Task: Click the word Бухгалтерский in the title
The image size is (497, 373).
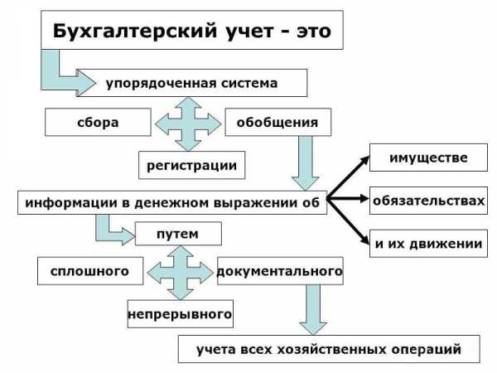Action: tap(135, 31)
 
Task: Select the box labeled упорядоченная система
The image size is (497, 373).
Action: tap(191, 83)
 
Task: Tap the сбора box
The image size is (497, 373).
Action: tap(98, 122)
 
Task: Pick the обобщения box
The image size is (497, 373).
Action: tap(278, 122)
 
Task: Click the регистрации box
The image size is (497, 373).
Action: tap(192, 165)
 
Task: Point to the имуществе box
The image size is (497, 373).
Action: tap(428, 157)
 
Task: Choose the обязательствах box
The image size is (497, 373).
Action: tap(428, 201)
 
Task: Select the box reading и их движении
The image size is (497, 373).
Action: tap(428, 244)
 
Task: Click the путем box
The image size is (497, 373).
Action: tap(178, 234)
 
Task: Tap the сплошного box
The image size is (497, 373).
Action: tap(90, 271)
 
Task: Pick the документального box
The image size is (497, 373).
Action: tap(280, 271)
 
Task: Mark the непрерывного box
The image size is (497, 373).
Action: tap(181, 314)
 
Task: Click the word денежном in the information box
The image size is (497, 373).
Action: tap(172, 203)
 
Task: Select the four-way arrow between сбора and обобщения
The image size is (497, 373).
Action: tap(188, 124)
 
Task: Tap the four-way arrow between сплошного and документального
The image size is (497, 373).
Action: tap(181, 273)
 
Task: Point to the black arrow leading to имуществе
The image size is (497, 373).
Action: tap(348, 177)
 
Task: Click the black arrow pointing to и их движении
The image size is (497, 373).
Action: tap(348, 221)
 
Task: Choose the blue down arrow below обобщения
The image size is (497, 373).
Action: tap(306, 163)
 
